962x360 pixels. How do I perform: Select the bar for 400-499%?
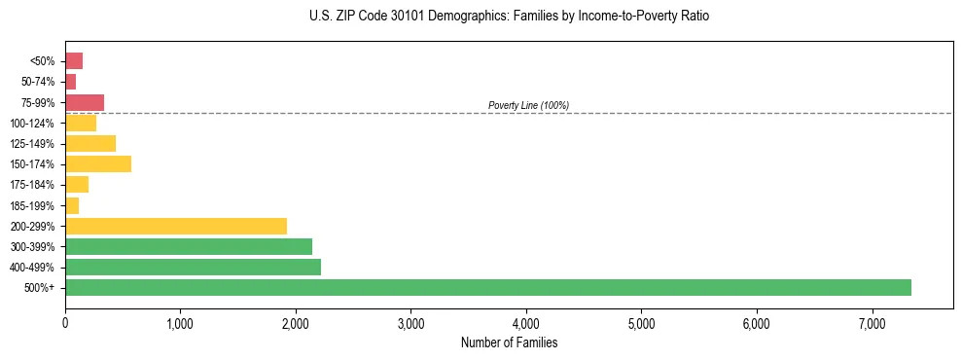pyautogui.click(x=193, y=267)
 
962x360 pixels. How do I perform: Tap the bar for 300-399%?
pyautogui.click(x=189, y=246)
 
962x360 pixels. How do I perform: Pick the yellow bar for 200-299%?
pyautogui.click(x=176, y=226)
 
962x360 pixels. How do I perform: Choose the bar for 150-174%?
pyautogui.click(x=98, y=163)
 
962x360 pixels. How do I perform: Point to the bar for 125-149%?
pyautogui.click(x=90, y=143)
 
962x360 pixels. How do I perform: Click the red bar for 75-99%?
pyautogui.click(x=85, y=102)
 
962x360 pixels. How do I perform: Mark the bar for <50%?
pyautogui.click(x=74, y=61)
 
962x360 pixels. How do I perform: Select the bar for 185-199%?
pyautogui.click(x=72, y=205)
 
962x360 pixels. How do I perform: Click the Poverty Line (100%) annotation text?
pyautogui.click(x=528, y=105)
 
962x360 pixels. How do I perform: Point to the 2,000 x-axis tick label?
pyautogui.click(x=296, y=323)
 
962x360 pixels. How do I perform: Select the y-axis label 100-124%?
pyautogui.click(x=31, y=124)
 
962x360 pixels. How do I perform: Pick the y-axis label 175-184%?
pyautogui.click(x=31, y=185)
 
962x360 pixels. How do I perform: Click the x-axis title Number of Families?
pyautogui.click(x=509, y=342)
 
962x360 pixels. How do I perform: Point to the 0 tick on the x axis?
pyautogui.click(x=65, y=323)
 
